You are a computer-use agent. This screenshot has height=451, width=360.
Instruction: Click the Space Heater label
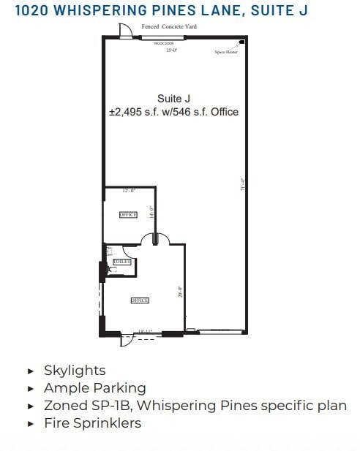tap(225, 53)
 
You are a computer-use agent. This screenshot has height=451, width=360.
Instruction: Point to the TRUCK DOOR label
tap(162, 44)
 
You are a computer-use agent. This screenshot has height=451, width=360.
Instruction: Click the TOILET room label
tap(121, 260)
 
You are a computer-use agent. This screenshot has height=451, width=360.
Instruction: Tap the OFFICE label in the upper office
tap(128, 215)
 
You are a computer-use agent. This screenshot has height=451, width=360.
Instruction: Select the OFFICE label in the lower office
tap(140, 300)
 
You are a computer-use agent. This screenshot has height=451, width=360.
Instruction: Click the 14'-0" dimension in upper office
tap(151, 211)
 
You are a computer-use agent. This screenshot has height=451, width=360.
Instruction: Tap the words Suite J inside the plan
tap(173, 98)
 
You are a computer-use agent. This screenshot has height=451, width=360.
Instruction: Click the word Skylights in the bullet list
tap(75, 371)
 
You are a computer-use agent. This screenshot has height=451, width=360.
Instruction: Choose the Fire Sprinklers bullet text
tap(92, 422)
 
